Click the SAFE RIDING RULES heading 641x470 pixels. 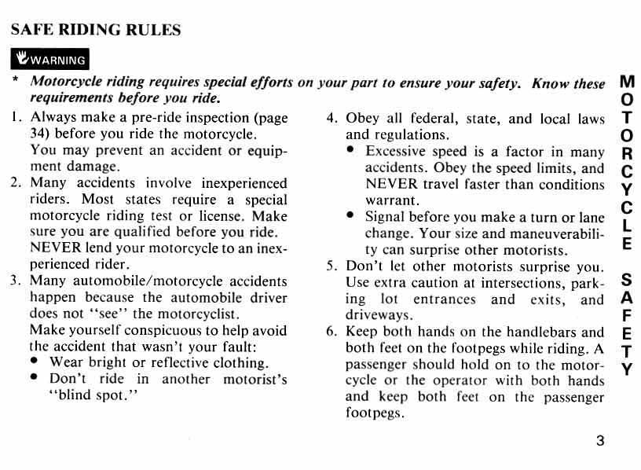point(95,31)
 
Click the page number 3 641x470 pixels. point(600,441)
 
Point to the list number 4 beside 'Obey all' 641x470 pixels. point(331,119)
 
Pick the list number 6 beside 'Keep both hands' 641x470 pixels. point(331,332)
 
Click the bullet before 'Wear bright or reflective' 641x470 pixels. point(35,362)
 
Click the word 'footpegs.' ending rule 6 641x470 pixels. point(375,413)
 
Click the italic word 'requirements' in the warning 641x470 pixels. point(69,98)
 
